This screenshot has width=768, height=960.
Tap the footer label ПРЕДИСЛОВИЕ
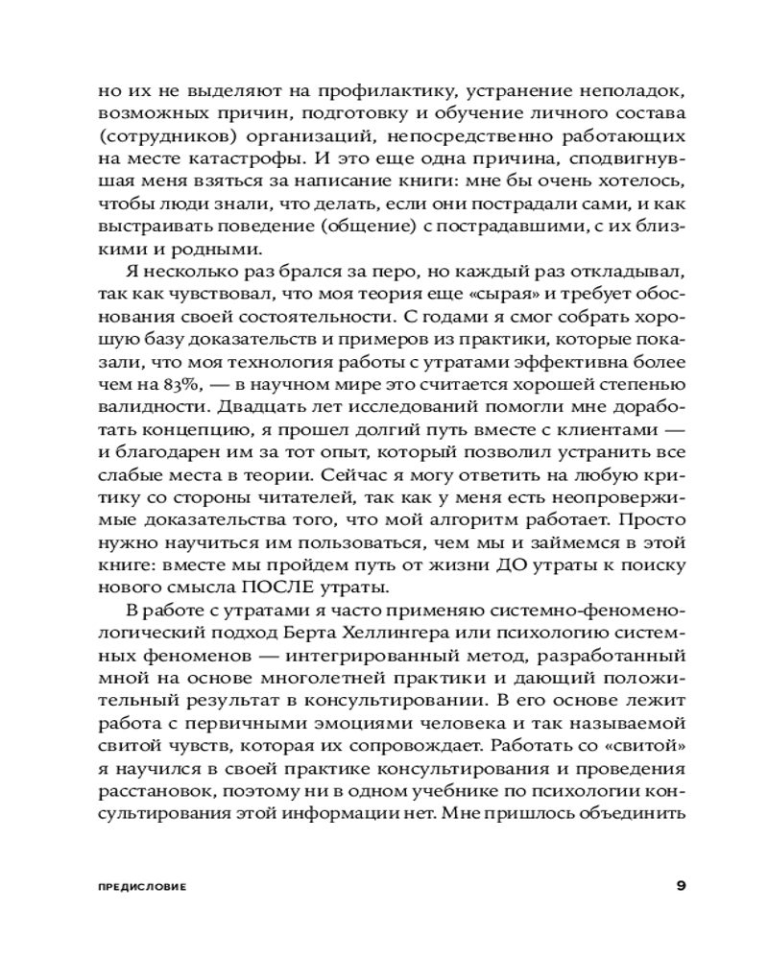point(141,886)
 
